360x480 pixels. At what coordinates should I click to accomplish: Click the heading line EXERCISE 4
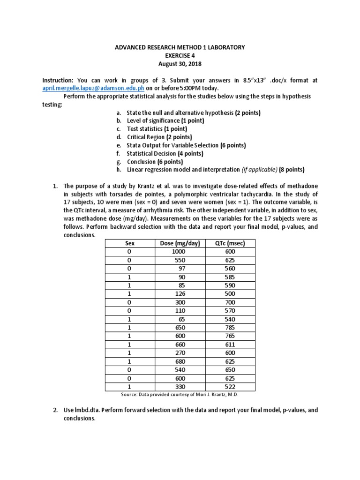180,56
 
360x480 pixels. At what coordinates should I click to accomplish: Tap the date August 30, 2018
180,64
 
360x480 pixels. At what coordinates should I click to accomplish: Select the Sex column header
130,243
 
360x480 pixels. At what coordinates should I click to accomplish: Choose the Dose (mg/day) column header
180,243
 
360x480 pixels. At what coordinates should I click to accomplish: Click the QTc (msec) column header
230,243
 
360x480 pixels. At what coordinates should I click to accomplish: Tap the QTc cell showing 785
230,327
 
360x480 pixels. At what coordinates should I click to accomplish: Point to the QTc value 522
230,386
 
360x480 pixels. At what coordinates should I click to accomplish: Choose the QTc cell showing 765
230,336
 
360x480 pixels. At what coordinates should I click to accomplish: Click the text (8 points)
292,169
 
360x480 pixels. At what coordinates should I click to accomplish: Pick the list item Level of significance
154,121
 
